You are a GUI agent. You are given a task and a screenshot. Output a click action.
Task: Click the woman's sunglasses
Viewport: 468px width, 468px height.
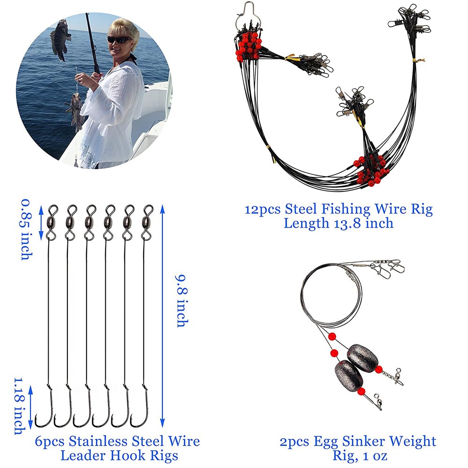click(x=119, y=39)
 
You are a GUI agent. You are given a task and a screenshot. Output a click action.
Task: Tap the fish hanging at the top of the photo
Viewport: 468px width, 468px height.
click(x=61, y=40)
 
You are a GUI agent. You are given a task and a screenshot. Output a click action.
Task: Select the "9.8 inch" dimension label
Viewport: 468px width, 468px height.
click(x=182, y=301)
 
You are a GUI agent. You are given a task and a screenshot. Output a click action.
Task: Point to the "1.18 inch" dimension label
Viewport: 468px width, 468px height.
click(x=20, y=406)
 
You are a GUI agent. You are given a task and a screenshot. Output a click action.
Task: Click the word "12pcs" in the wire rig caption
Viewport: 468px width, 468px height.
click(x=263, y=210)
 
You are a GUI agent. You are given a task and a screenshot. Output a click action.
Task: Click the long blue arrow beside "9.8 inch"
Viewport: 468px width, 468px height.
click(x=162, y=316)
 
